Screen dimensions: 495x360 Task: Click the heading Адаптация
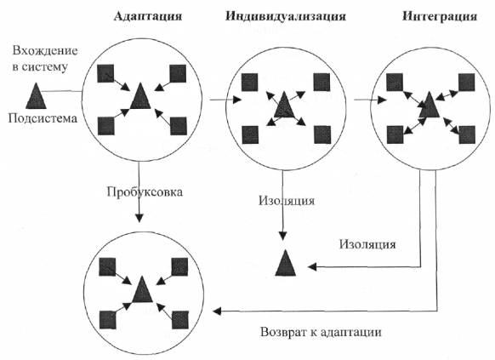tap(148, 16)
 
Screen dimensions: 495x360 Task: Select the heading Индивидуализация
tap(286, 16)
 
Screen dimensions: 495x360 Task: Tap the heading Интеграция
tap(440, 16)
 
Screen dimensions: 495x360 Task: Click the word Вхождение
tap(45, 51)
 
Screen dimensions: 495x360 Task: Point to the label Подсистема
tap(43, 118)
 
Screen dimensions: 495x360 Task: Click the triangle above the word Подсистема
tap(36, 96)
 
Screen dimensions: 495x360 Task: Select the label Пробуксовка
tap(145, 192)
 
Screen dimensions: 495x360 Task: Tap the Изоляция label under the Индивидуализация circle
tap(287, 201)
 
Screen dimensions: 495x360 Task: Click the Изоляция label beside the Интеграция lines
tap(367, 244)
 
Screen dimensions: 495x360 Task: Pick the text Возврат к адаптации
tap(321, 332)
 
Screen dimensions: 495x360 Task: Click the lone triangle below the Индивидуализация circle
tap(286, 263)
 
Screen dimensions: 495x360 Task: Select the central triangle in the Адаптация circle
tap(140, 96)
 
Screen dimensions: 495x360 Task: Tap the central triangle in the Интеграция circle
tap(429, 105)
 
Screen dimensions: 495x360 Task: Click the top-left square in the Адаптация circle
tap(105, 73)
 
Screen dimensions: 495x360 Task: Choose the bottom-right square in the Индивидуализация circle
tap(322, 134)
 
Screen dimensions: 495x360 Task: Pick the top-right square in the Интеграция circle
tap(467, 82)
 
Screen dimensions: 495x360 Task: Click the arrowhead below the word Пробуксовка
tap(139, 218)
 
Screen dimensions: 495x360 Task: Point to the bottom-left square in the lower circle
tap(108, 320)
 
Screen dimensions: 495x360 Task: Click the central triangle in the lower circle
tap(142, 289)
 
